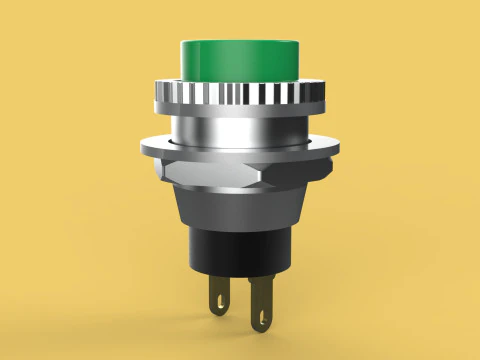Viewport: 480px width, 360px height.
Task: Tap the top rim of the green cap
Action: pos(240,42)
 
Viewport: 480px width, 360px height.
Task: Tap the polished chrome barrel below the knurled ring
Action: pos(240,128)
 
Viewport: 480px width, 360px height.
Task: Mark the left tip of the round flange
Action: pos(142,146)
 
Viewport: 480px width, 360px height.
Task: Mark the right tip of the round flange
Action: pos(338,146)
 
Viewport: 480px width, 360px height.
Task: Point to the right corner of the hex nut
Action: pos(322,170)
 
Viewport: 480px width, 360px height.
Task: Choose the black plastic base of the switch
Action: pos(240,250)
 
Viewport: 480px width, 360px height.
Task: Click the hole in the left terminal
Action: pos(218,299)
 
